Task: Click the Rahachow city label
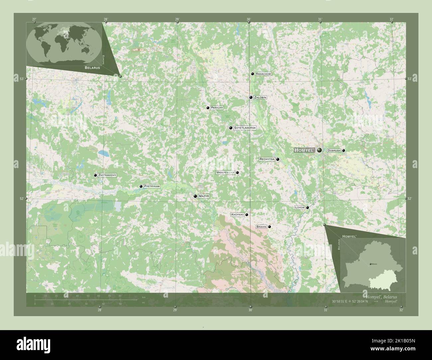264,74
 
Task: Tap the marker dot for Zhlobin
251,98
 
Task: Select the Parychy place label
217,108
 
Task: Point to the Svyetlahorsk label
245,128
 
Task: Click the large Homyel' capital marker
320,150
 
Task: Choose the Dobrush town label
334,150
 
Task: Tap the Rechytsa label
267,159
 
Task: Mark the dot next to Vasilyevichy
238,173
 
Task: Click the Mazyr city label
204,196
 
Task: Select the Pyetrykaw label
152,187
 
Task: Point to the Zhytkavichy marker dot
96,175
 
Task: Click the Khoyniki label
237,215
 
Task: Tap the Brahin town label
261,227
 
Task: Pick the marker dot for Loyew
308,208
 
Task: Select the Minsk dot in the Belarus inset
371,264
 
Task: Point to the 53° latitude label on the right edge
409,79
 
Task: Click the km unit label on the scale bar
144,297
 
